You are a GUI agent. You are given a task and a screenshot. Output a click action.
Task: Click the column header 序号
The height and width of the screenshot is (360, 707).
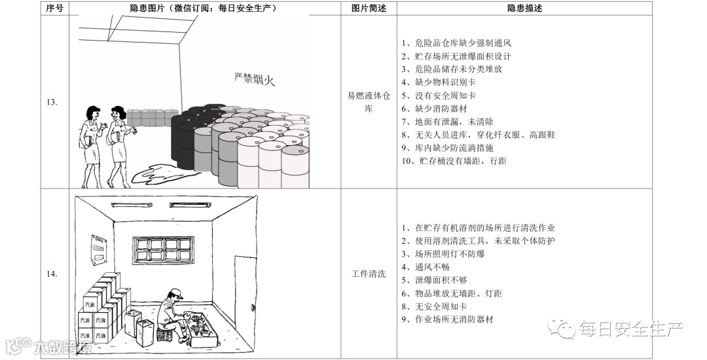click(55, 9)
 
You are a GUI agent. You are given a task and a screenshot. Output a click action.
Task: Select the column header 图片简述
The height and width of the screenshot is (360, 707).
click(369, 9)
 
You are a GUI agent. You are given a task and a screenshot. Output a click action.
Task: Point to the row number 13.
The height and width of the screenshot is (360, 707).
click(52, 102)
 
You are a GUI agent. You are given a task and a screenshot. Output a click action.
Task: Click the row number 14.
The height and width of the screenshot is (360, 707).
click(52, 274)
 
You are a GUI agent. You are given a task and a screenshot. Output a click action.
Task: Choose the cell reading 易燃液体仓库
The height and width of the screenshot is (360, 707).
click(369, 102)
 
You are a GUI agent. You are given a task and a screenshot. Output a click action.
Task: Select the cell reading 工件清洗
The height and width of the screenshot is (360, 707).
click(369, 274)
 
